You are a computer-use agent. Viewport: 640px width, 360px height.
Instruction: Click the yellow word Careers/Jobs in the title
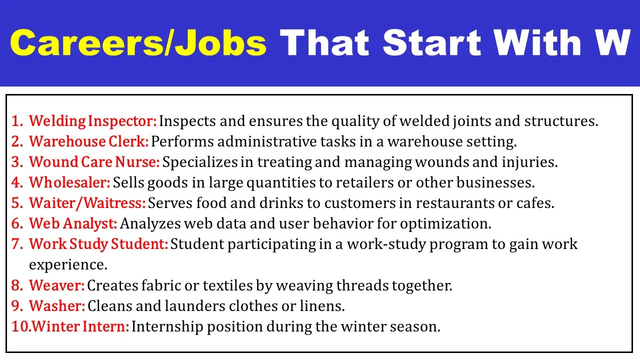pyautogui.click(x=138, y=43)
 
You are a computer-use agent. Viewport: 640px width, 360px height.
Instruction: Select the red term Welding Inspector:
pyautogui.click(x=93, y=121)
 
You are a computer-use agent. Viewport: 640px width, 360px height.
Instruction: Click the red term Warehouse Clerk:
pyautogui.click(x=89, y=141)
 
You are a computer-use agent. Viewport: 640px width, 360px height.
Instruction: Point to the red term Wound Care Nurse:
pyautogui.click(x=94, y=162)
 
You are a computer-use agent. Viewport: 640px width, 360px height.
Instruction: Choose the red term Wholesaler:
pyautogui.click(x=69, y=182)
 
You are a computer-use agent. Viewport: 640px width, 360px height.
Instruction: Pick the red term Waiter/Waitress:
pyautogui.click(x=87, y=203)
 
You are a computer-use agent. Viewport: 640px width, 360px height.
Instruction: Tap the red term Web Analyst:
pyautogui.click(x=73, y=223)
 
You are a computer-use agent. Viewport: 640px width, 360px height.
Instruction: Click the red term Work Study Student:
pyautogui.click(x=98, y=244)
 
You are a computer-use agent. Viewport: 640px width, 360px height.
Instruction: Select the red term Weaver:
pyautogui.click(x=57, y=285)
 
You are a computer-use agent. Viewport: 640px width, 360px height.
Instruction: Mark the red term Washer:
pyautogui.click(x=57, y=305)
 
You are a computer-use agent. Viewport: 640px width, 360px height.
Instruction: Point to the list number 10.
pyautogui.click(x=20, y=326)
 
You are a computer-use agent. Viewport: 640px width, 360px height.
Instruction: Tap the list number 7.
pyautogui.click(x=17, y=244)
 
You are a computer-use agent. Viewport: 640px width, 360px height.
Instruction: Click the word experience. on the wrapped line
pyautogui.click(x=68, y=264)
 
